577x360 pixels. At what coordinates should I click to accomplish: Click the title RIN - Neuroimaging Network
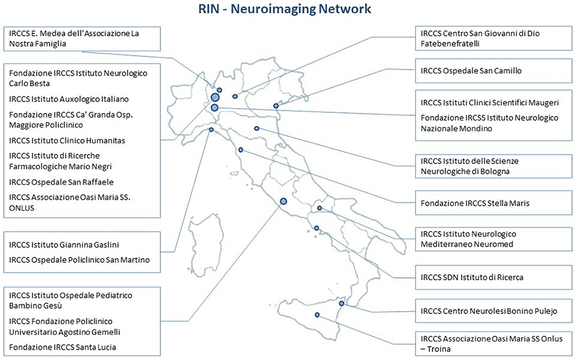[x=289, y=9]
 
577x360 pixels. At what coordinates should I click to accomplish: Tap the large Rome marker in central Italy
[x=283, y=201]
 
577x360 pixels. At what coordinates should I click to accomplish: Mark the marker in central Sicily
[x=317, y=315]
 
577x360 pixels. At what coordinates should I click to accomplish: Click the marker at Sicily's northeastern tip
[x=342, y=304]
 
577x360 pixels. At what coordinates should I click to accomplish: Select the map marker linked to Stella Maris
[x=241, y=150]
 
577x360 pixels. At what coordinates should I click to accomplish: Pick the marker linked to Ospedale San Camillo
[x=276, y=105]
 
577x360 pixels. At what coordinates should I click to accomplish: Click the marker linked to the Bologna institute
[x=257, y=128]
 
